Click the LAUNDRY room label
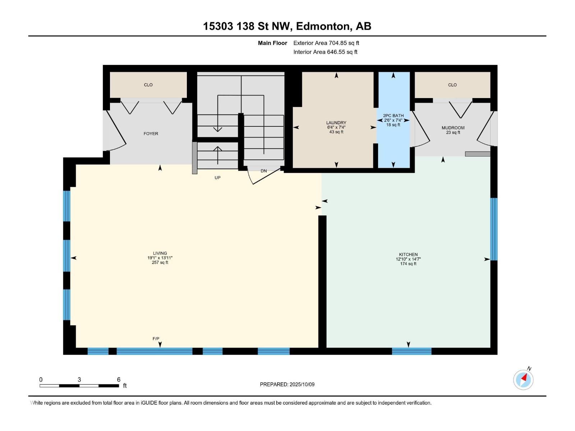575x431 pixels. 336,123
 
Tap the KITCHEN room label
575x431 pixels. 408,254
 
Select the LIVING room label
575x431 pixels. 160,253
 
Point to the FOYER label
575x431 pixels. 151,134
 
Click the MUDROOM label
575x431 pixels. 453,128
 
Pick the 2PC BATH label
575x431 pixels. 393,115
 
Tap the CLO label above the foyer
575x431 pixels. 148,85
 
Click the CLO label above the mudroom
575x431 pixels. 452,85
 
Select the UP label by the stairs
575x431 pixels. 217,178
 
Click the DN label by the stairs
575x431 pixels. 263,171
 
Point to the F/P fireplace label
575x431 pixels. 156,339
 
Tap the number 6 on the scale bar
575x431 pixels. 119,379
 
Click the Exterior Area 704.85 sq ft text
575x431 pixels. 326,43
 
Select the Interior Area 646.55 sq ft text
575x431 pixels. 325,52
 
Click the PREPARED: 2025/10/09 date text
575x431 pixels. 287,384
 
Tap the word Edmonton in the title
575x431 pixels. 324,27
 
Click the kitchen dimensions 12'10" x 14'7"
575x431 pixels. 408,259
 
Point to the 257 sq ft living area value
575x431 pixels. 160,262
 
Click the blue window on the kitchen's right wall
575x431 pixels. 494,229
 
